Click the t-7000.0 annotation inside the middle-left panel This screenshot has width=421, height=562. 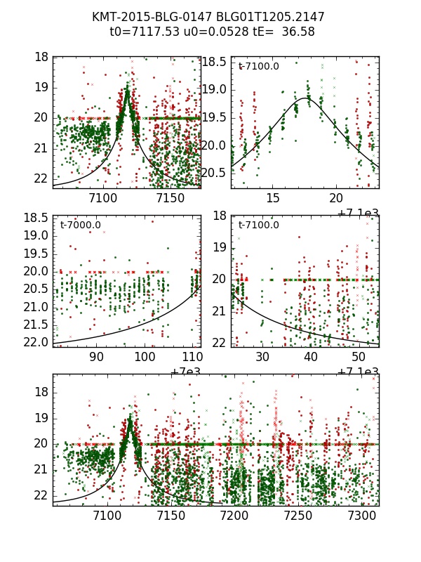pos(81,226)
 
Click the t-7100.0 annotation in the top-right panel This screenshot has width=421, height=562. pos(259,67)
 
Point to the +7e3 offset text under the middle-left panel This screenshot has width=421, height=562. pos(186,372)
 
